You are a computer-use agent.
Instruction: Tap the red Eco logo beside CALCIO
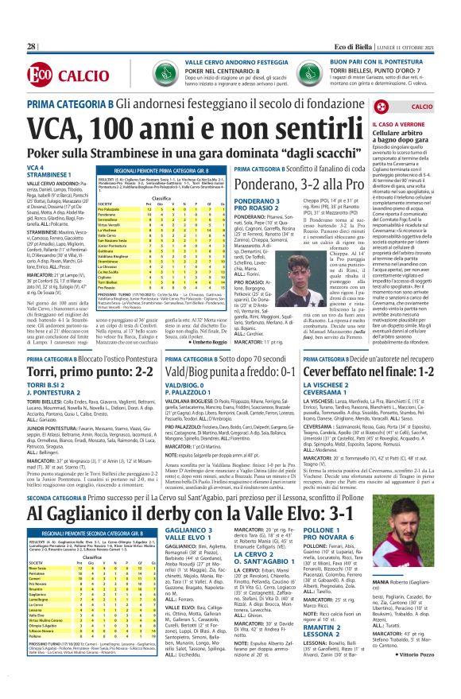pyautogui.click(x=37, y=75)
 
